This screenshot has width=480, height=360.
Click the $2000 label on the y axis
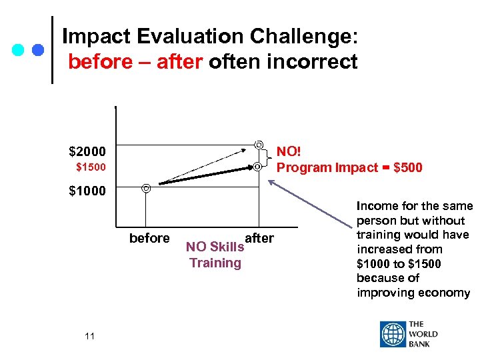[87, 152]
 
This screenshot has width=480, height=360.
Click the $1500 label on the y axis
[90, 167]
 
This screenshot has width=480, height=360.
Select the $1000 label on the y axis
[87, 191]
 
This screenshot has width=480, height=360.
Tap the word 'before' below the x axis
[149, 239]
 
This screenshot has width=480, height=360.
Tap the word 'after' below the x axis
[259, 239]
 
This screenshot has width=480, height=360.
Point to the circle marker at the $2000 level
[259, 144]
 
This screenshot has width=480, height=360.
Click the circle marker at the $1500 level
[257, 166]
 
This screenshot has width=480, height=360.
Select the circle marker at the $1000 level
[146, 188]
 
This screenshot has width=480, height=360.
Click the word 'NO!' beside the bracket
[289, 152]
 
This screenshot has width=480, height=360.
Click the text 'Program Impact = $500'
[349, 167]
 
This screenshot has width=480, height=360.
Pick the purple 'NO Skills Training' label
[215, 255]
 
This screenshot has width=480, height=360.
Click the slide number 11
[90, 336]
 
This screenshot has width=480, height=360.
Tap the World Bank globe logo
[393, 334]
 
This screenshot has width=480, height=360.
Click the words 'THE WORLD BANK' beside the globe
[423, 334]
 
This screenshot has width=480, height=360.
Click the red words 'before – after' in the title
[135, 62]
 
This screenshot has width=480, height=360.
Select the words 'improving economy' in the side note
[413, 293]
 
